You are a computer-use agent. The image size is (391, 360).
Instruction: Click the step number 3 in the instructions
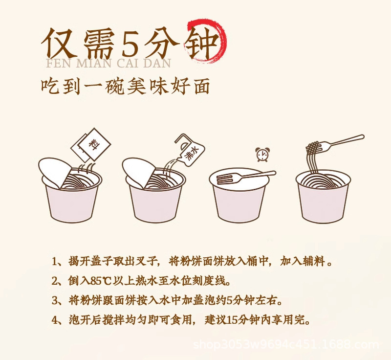click(x=55, y=301)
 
